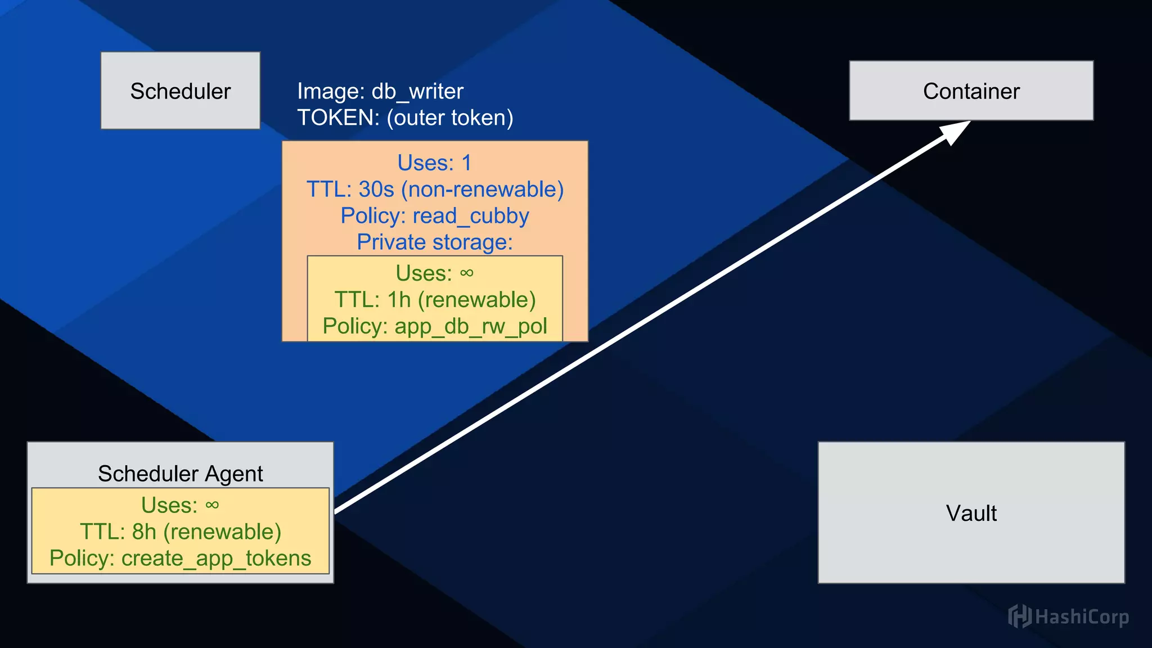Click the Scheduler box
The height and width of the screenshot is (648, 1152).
pyautogui.click(x=181, y=91)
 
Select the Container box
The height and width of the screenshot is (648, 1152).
pyautogui.click(x=971, y=91)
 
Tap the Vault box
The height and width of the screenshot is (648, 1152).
pyautogui.click(x=971, y=512)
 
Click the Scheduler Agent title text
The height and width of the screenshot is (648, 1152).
pyautogui.click(x=181, y=474)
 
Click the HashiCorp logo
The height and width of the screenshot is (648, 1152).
pyautogui.click(x=1068, y=616)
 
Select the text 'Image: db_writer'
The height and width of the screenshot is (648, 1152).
pyautogui.click(x=380, y=91)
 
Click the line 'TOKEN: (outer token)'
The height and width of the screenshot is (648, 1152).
pyautogui.click(x=405, y=118)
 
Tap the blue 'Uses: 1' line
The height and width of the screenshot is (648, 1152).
pyautogui.click(x=434, y=163)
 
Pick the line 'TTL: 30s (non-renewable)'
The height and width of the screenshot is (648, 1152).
pyautogui.click(x=435, y=189)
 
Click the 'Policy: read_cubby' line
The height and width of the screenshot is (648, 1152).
pyautogui.click(x=435, y=216)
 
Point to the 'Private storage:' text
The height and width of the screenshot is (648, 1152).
pyautogui.click(x=435, y=242)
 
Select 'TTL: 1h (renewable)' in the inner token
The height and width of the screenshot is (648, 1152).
pyautogui.click(x=435, y=299)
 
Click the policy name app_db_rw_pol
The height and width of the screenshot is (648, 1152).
pyautogui.click(x=471, y=326)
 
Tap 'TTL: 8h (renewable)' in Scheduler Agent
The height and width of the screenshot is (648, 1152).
pyautogui.click(x=181, y=532)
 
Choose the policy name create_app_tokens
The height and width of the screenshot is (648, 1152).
pyautogui.click(x=216, y=558)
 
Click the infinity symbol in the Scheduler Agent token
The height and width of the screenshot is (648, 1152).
pyautogui.click(x=212, y=505)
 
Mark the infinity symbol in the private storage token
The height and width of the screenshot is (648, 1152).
pyautogui.click(x=466, y=273)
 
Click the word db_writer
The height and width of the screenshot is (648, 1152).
pyautogui.click(x=417, y=91)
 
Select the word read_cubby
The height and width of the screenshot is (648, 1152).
pyautogui.click(x=471, y=216)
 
